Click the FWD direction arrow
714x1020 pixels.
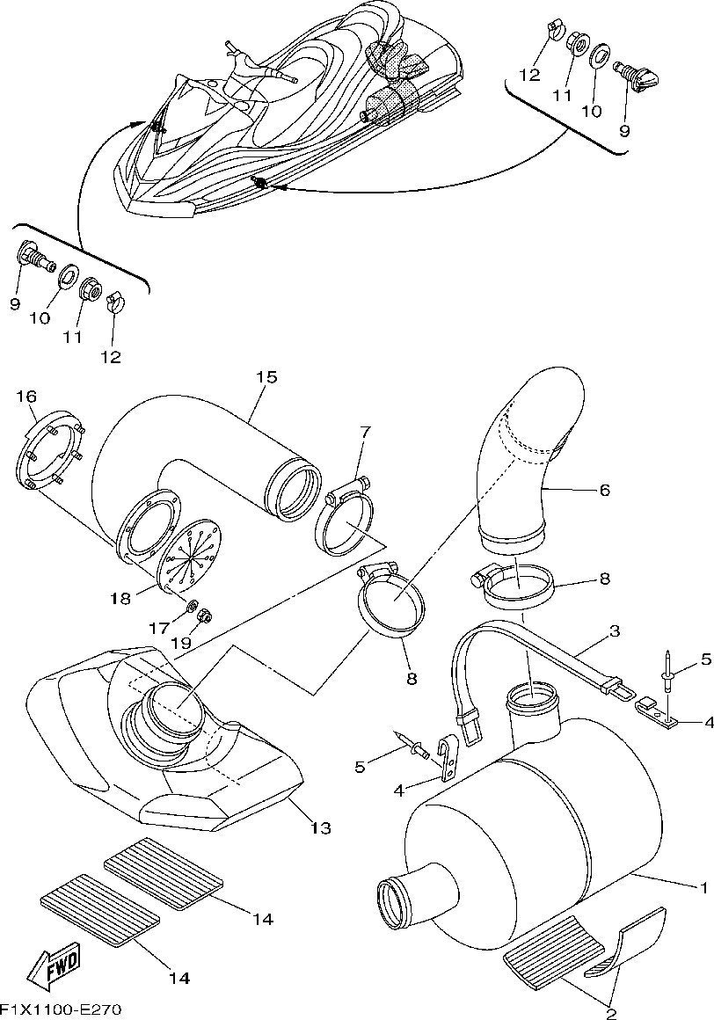[x=55, y=965]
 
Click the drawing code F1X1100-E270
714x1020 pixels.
[x=61, y=1009]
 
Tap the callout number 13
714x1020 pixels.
[x=320, y=827]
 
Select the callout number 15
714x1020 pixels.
[x=266, y=377]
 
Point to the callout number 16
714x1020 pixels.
[x=26, y=397]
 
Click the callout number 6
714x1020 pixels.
[x=604, y=491]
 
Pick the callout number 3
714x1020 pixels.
[x=615, y=631]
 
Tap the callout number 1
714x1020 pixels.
[x=703, y=885]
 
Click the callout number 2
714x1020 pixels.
[x=610, y=1012]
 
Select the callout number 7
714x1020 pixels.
[x=365, y=432]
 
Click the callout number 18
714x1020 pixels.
[x=120, y=599]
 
